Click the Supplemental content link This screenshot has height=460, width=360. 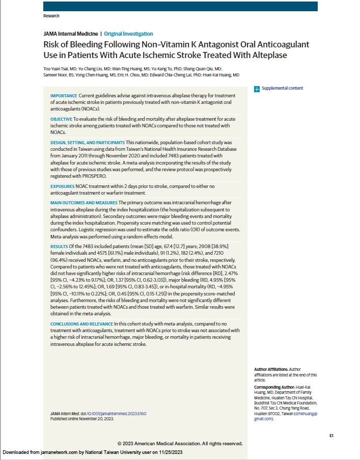[x=282, y=88]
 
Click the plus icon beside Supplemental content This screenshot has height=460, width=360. [x=257, y=89]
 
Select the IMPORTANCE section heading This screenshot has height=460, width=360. [x=64, y=96]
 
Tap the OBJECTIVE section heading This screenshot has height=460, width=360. [x=61, y=118]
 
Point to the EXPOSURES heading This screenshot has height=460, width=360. [x=62, y=187]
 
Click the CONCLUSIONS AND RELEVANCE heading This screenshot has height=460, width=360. [x=81, y=324]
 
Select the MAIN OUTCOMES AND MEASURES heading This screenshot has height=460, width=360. [x=84, y=203]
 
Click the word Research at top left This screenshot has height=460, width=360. [x=52, y=16]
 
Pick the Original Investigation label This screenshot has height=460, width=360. [x=132, y=34]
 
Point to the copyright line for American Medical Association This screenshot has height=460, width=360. [x=180, y=443]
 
